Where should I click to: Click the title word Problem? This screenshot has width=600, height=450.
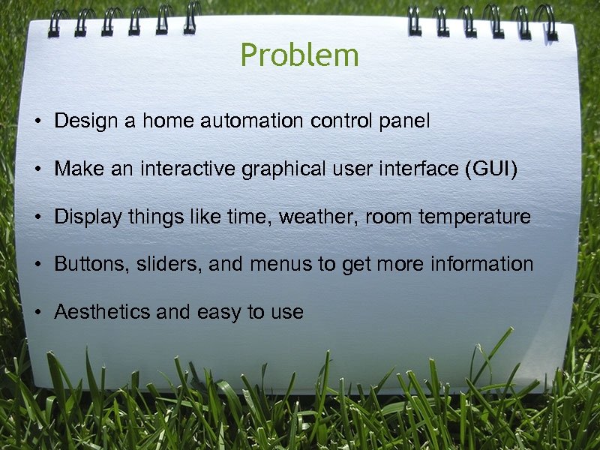pos(299,56)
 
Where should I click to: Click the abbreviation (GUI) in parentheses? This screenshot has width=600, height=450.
pos(491,169)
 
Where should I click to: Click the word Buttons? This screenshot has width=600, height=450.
pos(90,265)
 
